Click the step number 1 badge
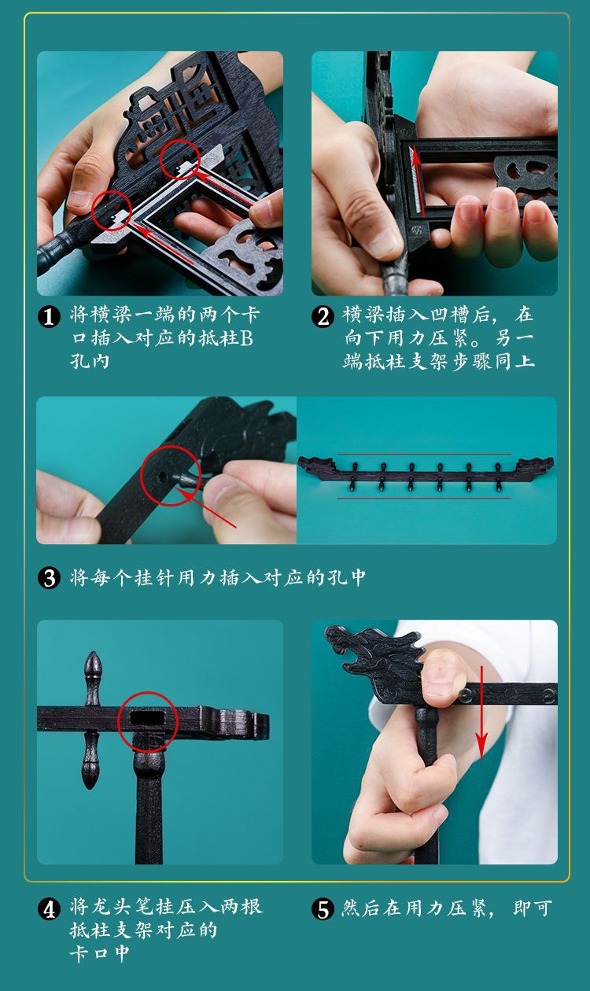coord(49,317)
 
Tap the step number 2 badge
coord(323,317)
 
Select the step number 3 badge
coord(49,578)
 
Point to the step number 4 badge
coord(49,910)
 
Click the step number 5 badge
coord(323,910)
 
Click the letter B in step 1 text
coord(246,338)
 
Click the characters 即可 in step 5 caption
coord(533,909)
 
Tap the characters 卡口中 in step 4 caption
coord(100,953)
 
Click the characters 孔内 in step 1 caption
coord(90,362)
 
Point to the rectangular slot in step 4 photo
coord(147,717)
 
